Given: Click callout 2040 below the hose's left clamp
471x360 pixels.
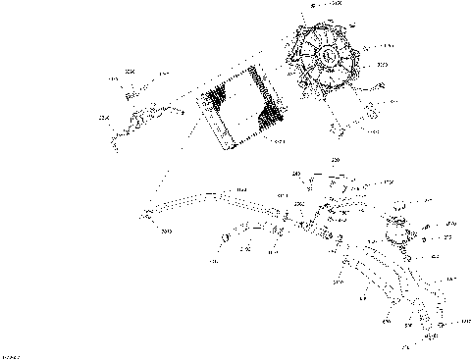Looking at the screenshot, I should (167, 231).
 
